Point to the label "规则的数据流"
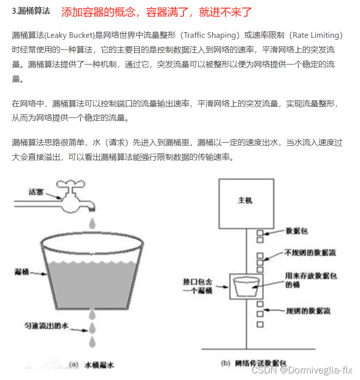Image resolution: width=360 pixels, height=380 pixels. [302, 311]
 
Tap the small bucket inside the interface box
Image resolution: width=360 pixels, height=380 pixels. [246, 287]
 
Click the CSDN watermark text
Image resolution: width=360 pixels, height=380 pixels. [302, 370]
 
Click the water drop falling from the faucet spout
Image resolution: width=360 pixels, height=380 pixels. [92, 222]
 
